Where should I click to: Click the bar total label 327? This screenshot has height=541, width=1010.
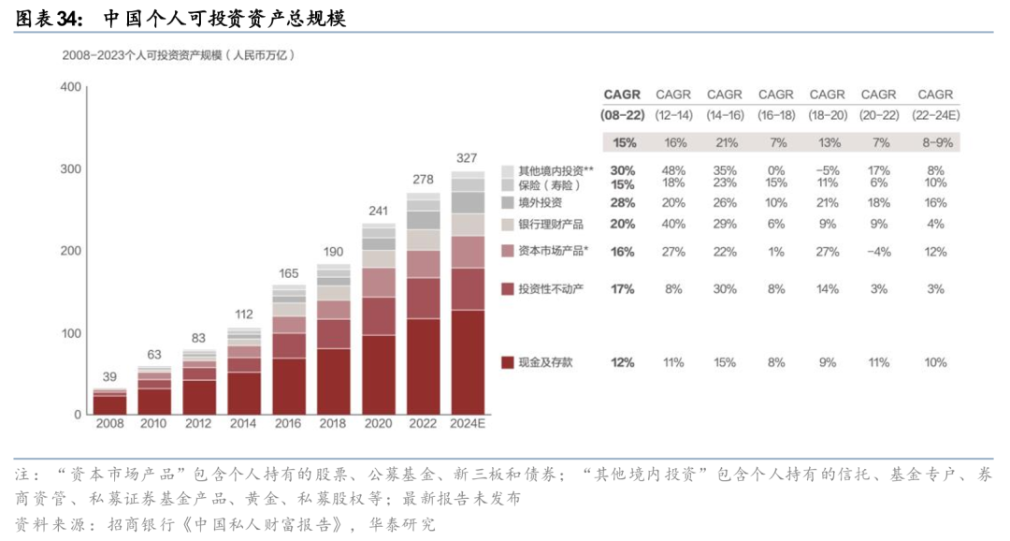click(468, 157)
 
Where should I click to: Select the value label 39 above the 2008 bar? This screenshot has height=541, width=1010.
click(109, 377)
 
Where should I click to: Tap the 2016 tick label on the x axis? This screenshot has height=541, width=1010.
click(288, 425)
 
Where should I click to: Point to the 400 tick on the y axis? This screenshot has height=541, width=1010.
click(70, 87)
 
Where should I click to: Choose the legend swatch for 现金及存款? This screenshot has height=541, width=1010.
click(507, 362)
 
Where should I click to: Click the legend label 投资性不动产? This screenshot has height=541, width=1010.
click(552, 289)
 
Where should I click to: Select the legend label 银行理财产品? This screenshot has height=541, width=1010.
click(552, 225)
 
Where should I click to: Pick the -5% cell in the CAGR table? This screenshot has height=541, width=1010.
click(827, 170)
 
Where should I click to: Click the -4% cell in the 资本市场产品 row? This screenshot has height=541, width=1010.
click(878, 252)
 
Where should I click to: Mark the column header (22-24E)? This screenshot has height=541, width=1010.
click(935, 114)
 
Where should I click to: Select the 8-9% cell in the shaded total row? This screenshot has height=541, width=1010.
click(935, 143)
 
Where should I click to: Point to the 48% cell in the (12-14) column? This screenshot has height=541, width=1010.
click(672, 170)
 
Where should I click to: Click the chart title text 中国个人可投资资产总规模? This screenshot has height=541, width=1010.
click(224, 18)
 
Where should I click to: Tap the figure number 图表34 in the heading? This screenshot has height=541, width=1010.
click(46, 18)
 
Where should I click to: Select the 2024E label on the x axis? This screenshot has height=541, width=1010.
click(468, 425)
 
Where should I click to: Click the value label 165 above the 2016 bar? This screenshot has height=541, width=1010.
click(289, 273)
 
